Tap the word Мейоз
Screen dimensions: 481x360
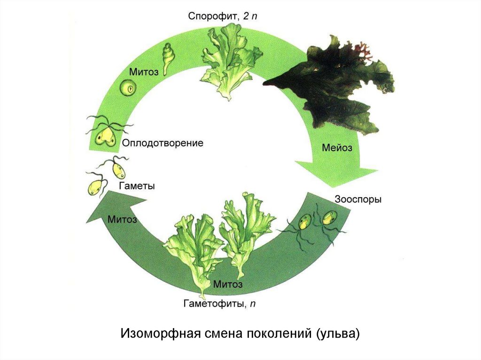[337, 147]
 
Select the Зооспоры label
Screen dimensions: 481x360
[358, 199]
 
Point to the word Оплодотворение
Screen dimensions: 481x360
[163, 143]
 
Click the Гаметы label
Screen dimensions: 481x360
[137, 186]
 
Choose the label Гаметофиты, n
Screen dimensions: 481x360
[219, 304]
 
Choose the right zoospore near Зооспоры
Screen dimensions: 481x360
[327, 218]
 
